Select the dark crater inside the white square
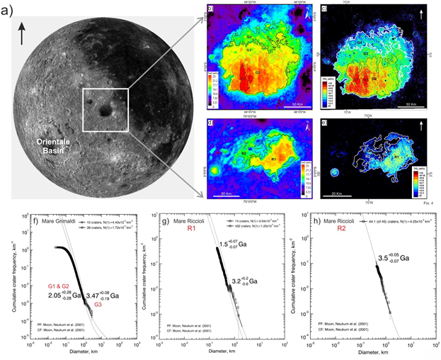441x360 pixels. pos(105,110)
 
